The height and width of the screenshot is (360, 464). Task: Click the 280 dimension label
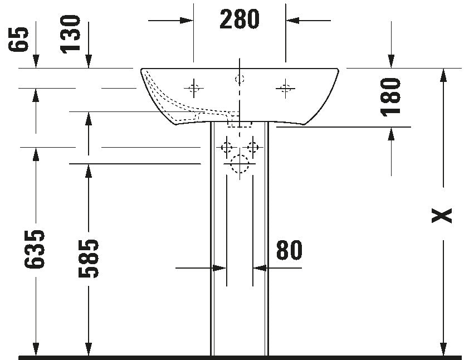[240, 20]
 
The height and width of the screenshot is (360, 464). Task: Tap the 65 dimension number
[18, 40]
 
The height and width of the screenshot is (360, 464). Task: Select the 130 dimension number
[70, 35]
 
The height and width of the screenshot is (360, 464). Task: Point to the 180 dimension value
[390, 97]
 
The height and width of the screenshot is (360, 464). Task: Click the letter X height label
[442, 215]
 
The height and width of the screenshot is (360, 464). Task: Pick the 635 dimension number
[35, 249]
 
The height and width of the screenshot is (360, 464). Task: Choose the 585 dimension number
[88, 259]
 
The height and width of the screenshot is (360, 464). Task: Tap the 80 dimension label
[289, 250]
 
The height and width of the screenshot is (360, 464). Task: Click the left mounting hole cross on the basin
[194, 88]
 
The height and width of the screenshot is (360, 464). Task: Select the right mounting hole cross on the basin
[285, 88]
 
